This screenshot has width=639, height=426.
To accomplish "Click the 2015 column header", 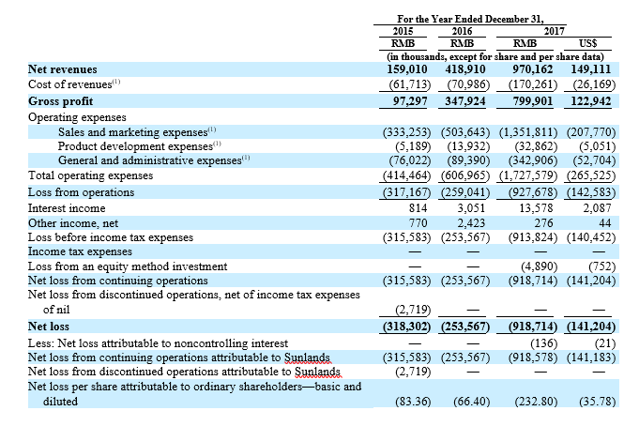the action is [x=403, y=31].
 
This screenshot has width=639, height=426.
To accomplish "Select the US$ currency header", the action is [x=588, y=43].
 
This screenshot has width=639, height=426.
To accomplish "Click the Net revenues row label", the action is [x=62, y=69].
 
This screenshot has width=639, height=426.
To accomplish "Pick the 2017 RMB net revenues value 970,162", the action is [x=533, y=69].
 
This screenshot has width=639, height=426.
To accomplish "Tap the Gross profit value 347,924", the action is [x=465, y=101].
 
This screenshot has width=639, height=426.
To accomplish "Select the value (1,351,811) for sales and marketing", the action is [x=528, y=132].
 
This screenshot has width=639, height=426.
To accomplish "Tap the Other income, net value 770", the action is [x=418, y=223].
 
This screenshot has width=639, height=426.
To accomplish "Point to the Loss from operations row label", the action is [x=81, y=192].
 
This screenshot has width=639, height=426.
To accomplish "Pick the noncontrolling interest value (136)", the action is [x=543, y=343].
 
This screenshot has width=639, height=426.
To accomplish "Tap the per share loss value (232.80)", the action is [x=536, y=402].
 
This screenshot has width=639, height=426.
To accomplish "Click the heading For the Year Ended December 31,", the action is [x=471, y=19].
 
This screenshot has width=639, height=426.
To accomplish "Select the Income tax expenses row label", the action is [x=80, y=251].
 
